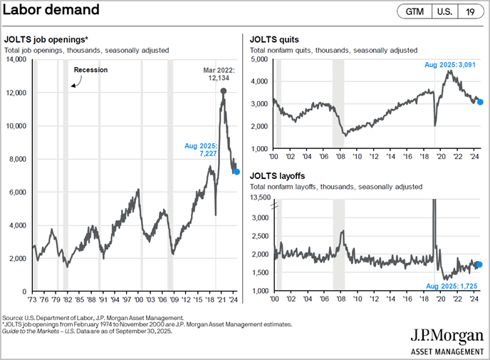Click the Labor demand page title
pos(51,12)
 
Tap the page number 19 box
pos(471,12)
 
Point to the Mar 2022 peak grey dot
pos(224,91)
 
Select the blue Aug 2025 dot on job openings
pos(236,172)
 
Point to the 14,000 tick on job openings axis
pos(14,59)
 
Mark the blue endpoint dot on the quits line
pos(480,102)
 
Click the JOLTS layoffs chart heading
pos(278,175)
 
